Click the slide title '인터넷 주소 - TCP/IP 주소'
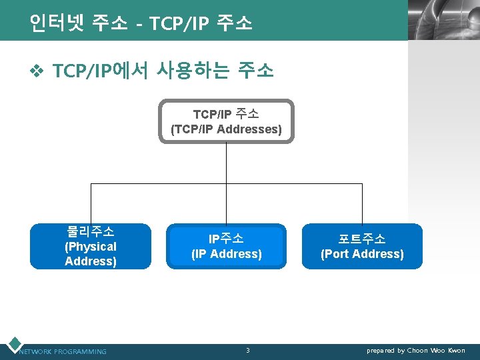click(x=141, y=23)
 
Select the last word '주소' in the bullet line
click(x=256, y=70)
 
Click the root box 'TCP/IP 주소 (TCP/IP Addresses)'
click(x=226, y=121)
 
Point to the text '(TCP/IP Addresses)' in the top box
click(x=226, y=129)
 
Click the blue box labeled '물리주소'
click(x=91, y=246)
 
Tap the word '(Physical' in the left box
click(x=91, y=247)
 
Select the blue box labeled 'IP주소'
click(x=226, y=246)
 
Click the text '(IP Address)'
click(x=226, y=254)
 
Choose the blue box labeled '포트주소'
click(x=362, y=246)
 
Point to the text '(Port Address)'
click(x=362, y=254)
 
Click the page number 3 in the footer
click(x=248, y=350)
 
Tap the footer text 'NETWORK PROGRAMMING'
click(x=63, y=351)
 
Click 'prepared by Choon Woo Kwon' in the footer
click(x=416, y=350)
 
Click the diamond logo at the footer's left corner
click(x=13, y=345)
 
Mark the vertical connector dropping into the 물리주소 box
click(x=91, y=203)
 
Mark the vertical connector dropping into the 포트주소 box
click(x=362, y=203)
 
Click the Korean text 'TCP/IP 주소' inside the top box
click(x=226, y=115)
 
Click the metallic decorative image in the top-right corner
click(x=443, y=20)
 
